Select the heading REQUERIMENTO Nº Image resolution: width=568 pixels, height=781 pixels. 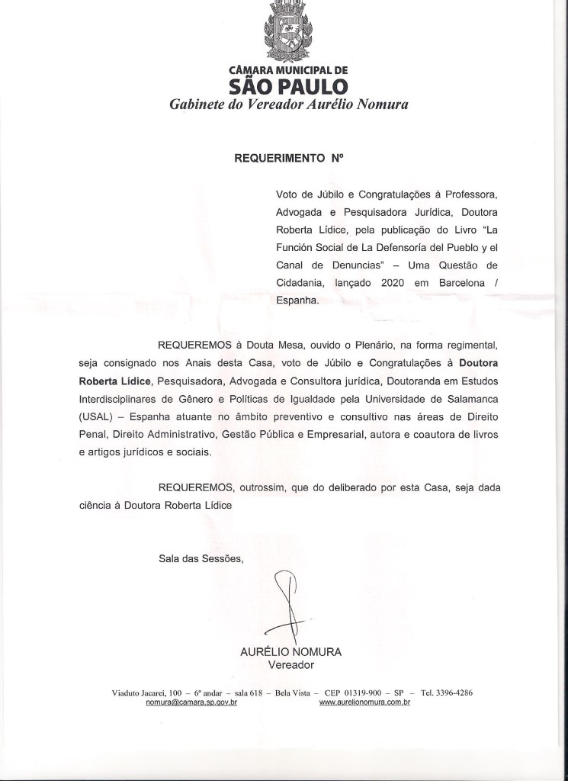coord(289,159)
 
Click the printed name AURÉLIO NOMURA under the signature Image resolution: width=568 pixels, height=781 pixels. coord(290,652)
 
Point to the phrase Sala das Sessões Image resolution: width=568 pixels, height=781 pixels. coord(201,558)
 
